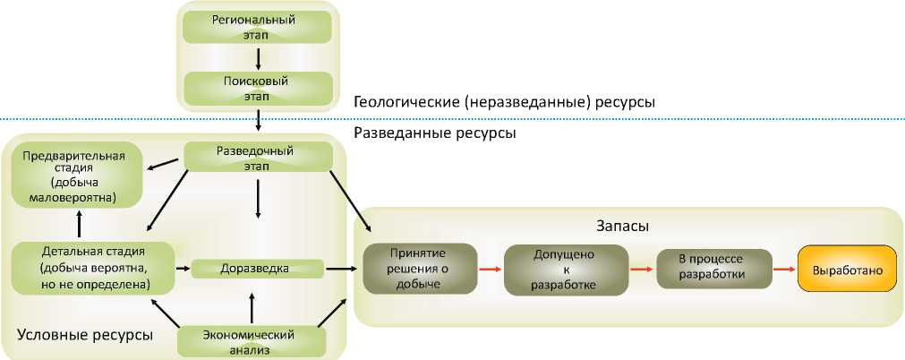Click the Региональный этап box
pyautogui.click(x=258, y=26)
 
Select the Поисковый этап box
pyautogui.click(x=258, y=87)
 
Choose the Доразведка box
pyautogui.click(x=258, y=268)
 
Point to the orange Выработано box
pyautogui.click(x=846, y=269)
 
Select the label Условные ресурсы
pyautogui.click(x=84, y=335)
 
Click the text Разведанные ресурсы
pyautogui.click(x=435, y=133)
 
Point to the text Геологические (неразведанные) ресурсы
pyautogui.click(x=504, y=102)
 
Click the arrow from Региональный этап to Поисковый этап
pyautogui.click(x=258, y=57)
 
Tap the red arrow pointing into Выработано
pyautogui.click(x=782, y=268)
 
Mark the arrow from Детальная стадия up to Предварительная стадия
pyautogui.click(x=80, y=222)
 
